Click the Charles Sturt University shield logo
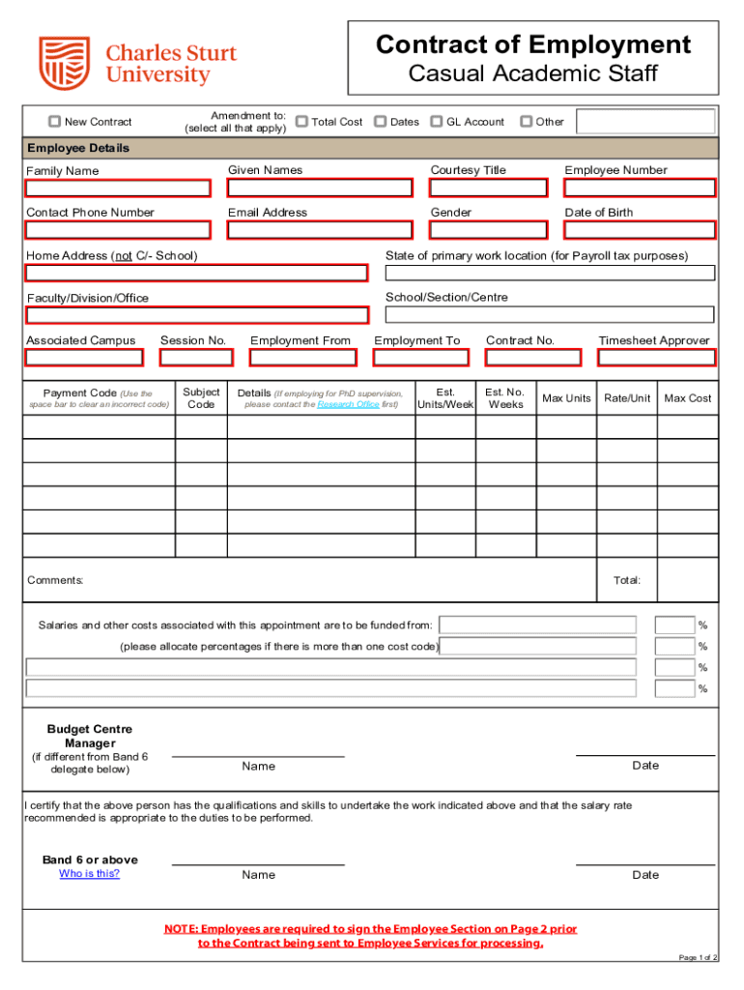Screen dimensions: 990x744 (x=64, y=63)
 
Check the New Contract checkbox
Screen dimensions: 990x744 (x=55, y=122)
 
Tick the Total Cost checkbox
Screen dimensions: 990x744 (x=301, y=122)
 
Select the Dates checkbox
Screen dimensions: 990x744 (x=381, y=122)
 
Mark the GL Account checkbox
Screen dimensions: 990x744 (x=437, y=122)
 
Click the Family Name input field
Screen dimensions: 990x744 (x=118, y=188)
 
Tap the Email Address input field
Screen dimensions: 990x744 (x=320, y=230)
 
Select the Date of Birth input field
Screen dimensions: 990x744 (x=640, y=230)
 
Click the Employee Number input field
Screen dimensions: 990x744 (x=640, y=188)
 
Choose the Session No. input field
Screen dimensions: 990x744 (x=196, y=358)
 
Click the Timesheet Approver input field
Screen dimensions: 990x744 (x=656, y=358)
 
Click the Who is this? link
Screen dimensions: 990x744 (x=89, y=874)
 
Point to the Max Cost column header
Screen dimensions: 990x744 (x=687, y=398)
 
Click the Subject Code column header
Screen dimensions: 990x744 (x=201, y=398)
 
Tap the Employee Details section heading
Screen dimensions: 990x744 (x=78, y=149)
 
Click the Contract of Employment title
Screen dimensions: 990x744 (x=532, y=44)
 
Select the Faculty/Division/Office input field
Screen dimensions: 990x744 (x=197, y=315)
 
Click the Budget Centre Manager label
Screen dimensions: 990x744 (x=90, y=736)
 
